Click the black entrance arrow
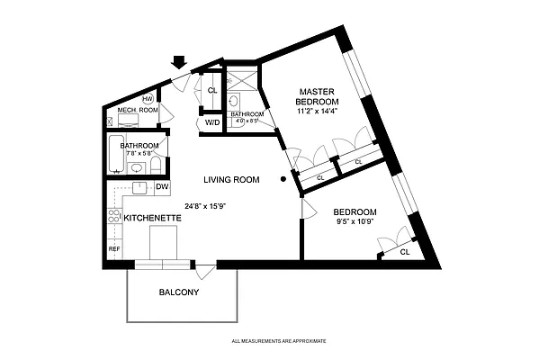[x=178, y=62]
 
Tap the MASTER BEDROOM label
[x=317, y=96]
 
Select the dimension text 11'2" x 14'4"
[x=317, y=112]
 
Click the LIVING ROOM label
[x=230, y=180]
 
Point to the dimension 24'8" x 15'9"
[x=204, y=205]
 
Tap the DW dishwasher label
[x=162, y=187]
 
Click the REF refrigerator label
[x=114, y=248]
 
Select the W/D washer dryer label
[x=212, y=121]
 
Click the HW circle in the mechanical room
[x=147, y=98]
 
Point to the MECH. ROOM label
[x=138, y=111]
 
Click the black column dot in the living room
[x=283, y=180]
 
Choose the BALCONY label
[x=179, y=292]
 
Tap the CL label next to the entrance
[x=212, y=91]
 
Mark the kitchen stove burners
[x=114, y=216]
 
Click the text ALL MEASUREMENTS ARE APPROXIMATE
[x=278, y=342]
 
